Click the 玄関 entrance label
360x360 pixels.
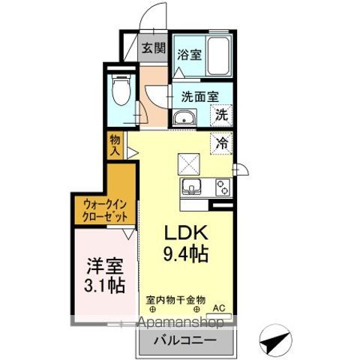[154, 48]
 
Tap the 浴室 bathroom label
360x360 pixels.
[189, 55]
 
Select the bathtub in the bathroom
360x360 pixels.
[218, 55]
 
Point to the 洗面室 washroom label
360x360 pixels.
[200, 97]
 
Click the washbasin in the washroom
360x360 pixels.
[184, 118]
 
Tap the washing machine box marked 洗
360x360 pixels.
[221, 115]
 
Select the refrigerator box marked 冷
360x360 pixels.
[221, 143]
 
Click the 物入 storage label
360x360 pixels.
[115, 145]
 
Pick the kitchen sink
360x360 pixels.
[191, 187]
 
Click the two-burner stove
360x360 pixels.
[223, 187]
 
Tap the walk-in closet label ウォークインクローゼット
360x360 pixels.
[105, 211]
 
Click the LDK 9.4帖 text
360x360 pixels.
[186, 243]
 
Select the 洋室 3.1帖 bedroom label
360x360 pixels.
[105, 275]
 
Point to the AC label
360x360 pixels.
[219, 308]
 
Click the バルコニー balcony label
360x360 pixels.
[184, 340]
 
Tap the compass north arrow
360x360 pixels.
[275, 341]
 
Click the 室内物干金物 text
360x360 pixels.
[175, 299]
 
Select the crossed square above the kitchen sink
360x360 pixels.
[189, 164]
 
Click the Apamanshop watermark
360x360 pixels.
[181, 322]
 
